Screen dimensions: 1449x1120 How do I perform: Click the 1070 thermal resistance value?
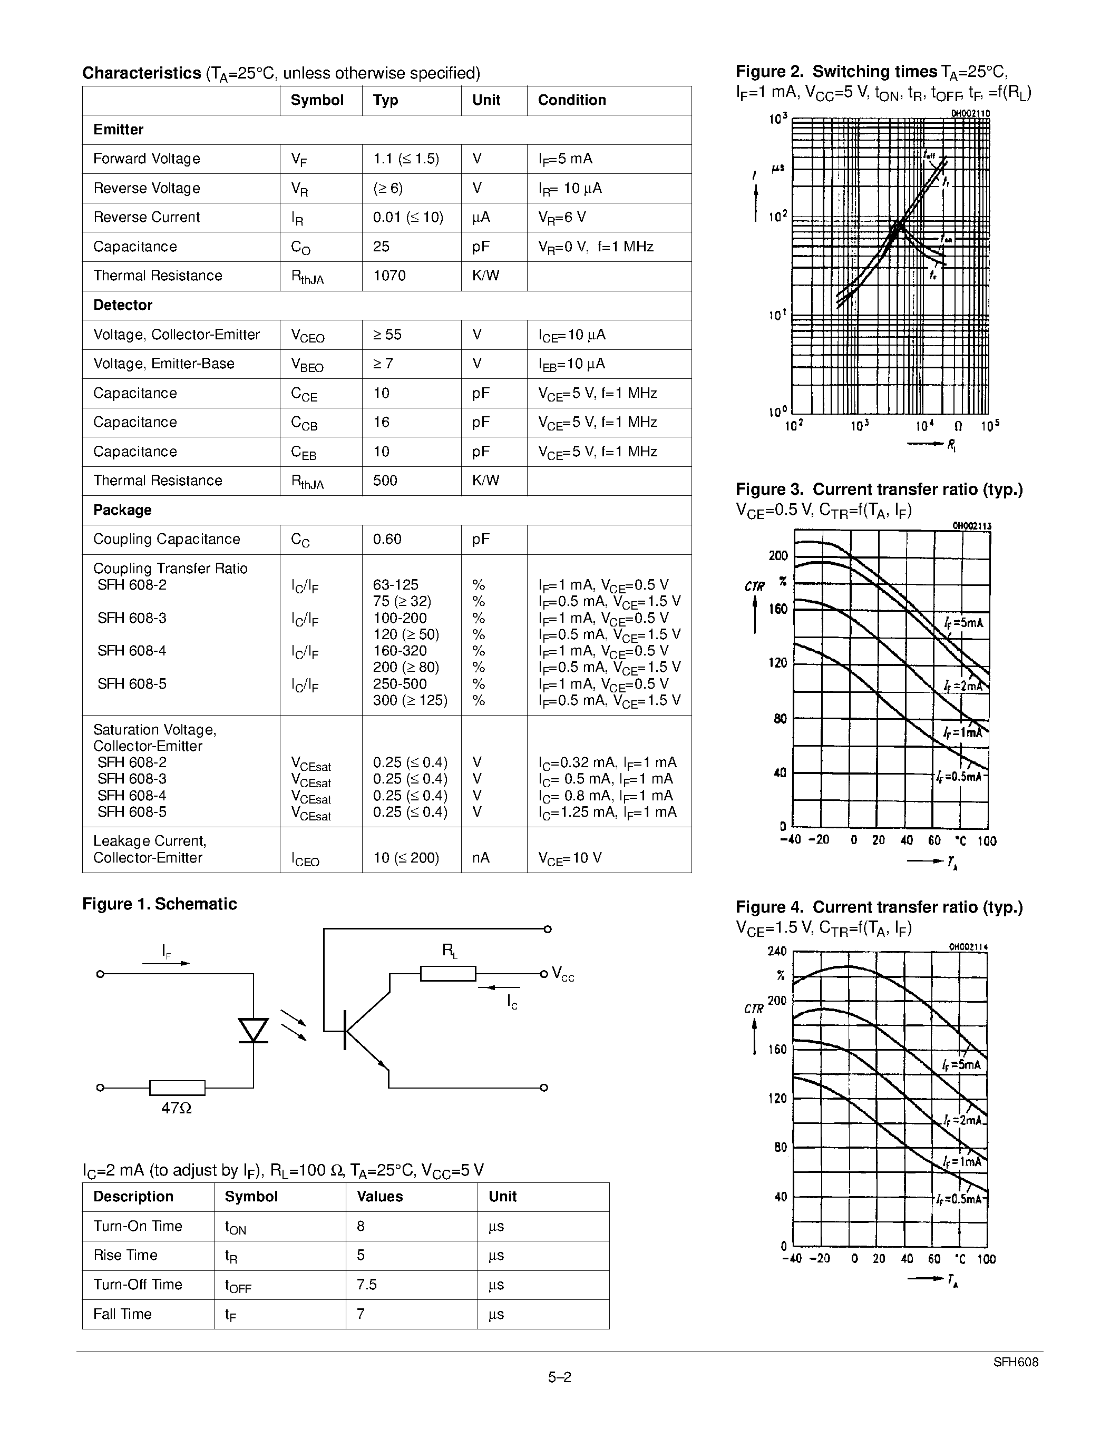point(389,276)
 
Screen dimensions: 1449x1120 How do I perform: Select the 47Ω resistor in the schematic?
point(177,1088)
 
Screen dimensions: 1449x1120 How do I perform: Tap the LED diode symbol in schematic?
point(253,1030)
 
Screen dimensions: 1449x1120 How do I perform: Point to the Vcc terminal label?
point(563,976)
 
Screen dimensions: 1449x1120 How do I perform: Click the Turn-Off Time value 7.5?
point(367,1285)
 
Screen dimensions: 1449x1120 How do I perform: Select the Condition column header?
point(572,100)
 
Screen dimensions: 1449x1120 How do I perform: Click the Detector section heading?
point(123,305)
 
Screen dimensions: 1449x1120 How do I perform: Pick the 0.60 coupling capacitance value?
point(387,540)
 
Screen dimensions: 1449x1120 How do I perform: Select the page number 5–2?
point(559,1377)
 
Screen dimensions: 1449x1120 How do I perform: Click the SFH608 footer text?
point(1016,1362)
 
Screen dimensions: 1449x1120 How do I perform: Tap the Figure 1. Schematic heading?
point(159,904)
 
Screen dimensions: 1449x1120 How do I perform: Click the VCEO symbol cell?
point(307,336)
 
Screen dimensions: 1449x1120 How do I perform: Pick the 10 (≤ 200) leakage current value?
point(406,858)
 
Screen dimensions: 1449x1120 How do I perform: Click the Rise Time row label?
point(125,1255)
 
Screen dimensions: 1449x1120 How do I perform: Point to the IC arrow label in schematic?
point(512,1003)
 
